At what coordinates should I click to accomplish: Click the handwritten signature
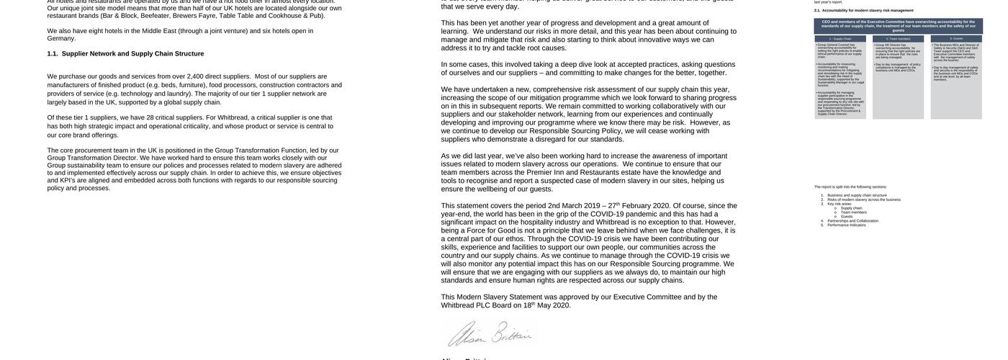pos(489,334)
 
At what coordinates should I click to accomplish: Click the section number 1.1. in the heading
pos(53,54)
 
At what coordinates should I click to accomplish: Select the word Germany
pos(61,39)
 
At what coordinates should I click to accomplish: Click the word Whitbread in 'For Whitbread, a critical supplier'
pos(233,118)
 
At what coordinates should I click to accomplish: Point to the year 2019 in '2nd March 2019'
pos(592,206)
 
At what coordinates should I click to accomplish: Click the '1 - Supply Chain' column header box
pos(840,39)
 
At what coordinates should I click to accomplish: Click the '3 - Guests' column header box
pos(956,39)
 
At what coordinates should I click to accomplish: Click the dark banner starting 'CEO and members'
pos(899,26)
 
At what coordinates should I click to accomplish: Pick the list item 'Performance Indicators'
pos(847,225)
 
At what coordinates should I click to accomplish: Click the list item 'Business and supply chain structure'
pos(857,195)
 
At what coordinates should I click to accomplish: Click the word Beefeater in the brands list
pos(156,15)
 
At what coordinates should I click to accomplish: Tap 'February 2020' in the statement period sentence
pos(646,206)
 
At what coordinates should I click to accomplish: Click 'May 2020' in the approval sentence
pos(554,305)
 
